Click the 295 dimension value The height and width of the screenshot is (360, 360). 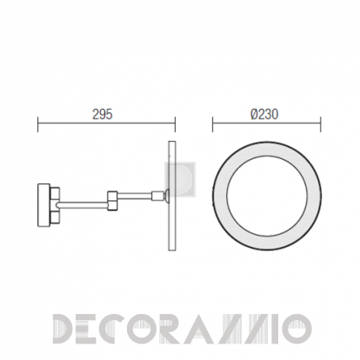point(103,114)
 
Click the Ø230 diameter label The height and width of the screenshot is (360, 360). point(264,114)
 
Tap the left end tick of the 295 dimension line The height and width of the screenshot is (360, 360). point(38,124)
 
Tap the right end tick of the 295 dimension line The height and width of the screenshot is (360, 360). point(175,124)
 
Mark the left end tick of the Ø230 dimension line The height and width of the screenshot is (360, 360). point(212,124)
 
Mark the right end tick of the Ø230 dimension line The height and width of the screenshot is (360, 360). point(320,124)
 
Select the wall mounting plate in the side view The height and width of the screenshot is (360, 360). point(43,201)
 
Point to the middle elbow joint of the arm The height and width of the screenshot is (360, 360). point(112,200)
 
